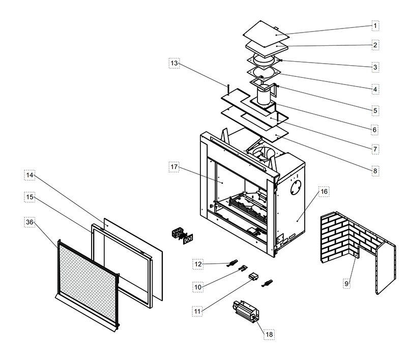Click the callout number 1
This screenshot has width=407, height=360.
coord(375,25)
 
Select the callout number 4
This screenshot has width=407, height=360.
coord(375,89)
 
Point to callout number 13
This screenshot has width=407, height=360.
coord(175,63)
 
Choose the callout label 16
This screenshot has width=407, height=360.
coord(324,191)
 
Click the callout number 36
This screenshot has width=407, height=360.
coord(30,222)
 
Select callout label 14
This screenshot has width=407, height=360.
coord(30,175)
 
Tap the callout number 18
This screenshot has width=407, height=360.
coord(269,335)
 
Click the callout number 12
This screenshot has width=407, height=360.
coord(198,264)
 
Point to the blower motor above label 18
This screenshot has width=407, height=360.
coord(247,310)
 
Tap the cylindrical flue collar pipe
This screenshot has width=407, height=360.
coord(265,96)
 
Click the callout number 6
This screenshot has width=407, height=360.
coord(375,130)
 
